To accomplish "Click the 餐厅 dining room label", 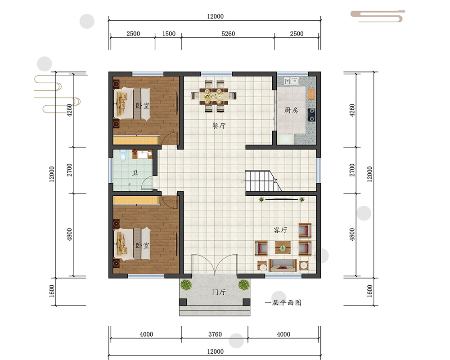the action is (219, 126).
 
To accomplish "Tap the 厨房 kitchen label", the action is (291, 110).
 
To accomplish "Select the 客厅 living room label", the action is (280, 230).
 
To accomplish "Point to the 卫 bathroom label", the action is (135, 173).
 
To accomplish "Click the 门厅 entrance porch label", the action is (219, 292).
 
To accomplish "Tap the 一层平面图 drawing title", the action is (283, 302).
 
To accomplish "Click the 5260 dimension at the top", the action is (228, 34).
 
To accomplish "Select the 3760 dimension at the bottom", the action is (215, 334).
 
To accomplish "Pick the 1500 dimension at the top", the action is (169, 34).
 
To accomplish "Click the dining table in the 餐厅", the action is (214, 96).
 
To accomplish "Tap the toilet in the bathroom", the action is (123, 154).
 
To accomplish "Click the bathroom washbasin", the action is (142, 155).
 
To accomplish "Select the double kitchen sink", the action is (291, 81).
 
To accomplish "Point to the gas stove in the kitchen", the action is (311, 115).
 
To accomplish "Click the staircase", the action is (263, 181).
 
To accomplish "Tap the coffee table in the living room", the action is (283, 247).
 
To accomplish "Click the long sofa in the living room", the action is (283, 265).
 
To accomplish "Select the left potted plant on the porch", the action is (186, 285).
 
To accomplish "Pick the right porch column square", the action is (246, 302).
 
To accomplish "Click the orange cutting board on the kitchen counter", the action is (311, 94).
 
